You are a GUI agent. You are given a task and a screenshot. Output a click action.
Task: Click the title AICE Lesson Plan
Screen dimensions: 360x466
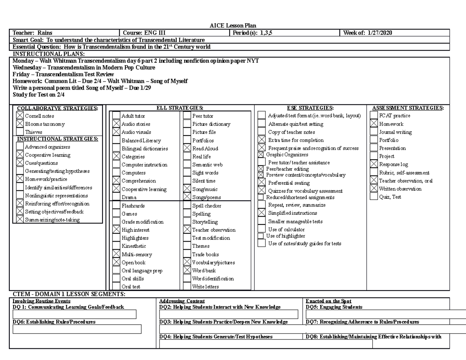coord(232,26)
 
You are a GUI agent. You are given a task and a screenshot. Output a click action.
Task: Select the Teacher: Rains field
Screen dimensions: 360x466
coord(33,33)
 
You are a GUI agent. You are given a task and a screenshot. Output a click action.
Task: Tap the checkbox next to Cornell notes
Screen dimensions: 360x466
coord(20,116)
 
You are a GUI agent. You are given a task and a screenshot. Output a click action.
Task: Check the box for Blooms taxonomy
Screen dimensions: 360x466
coord(20,124)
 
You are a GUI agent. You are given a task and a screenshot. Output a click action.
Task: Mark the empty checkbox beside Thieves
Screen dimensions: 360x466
coord(20,132)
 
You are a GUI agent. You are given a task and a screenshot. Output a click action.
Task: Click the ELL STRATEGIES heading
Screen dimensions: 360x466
coord(179,108)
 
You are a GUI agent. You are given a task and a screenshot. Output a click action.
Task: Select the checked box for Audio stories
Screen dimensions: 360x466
coord(116,124)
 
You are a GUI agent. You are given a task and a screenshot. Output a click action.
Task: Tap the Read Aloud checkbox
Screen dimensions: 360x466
coord(187,148)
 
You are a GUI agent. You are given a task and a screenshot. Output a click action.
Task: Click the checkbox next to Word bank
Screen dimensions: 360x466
coord(187,270)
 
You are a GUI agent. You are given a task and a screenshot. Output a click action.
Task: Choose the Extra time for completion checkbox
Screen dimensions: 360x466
coord(262,140)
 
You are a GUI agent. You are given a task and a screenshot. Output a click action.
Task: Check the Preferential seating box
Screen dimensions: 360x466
coord(262,183)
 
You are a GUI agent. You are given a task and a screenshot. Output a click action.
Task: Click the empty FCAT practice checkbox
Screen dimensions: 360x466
coord(374,116)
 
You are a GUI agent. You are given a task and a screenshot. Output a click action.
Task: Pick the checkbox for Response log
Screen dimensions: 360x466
coord(374,164)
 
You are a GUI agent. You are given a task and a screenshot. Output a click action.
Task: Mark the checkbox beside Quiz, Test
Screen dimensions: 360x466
coord(374,197)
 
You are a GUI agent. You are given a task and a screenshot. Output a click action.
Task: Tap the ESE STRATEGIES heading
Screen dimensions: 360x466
coord(310,108)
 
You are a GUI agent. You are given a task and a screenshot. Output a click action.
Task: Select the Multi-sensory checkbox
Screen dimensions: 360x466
coord(116,254)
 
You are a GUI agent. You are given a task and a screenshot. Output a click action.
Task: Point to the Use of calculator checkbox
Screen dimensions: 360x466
coord(262,230)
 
